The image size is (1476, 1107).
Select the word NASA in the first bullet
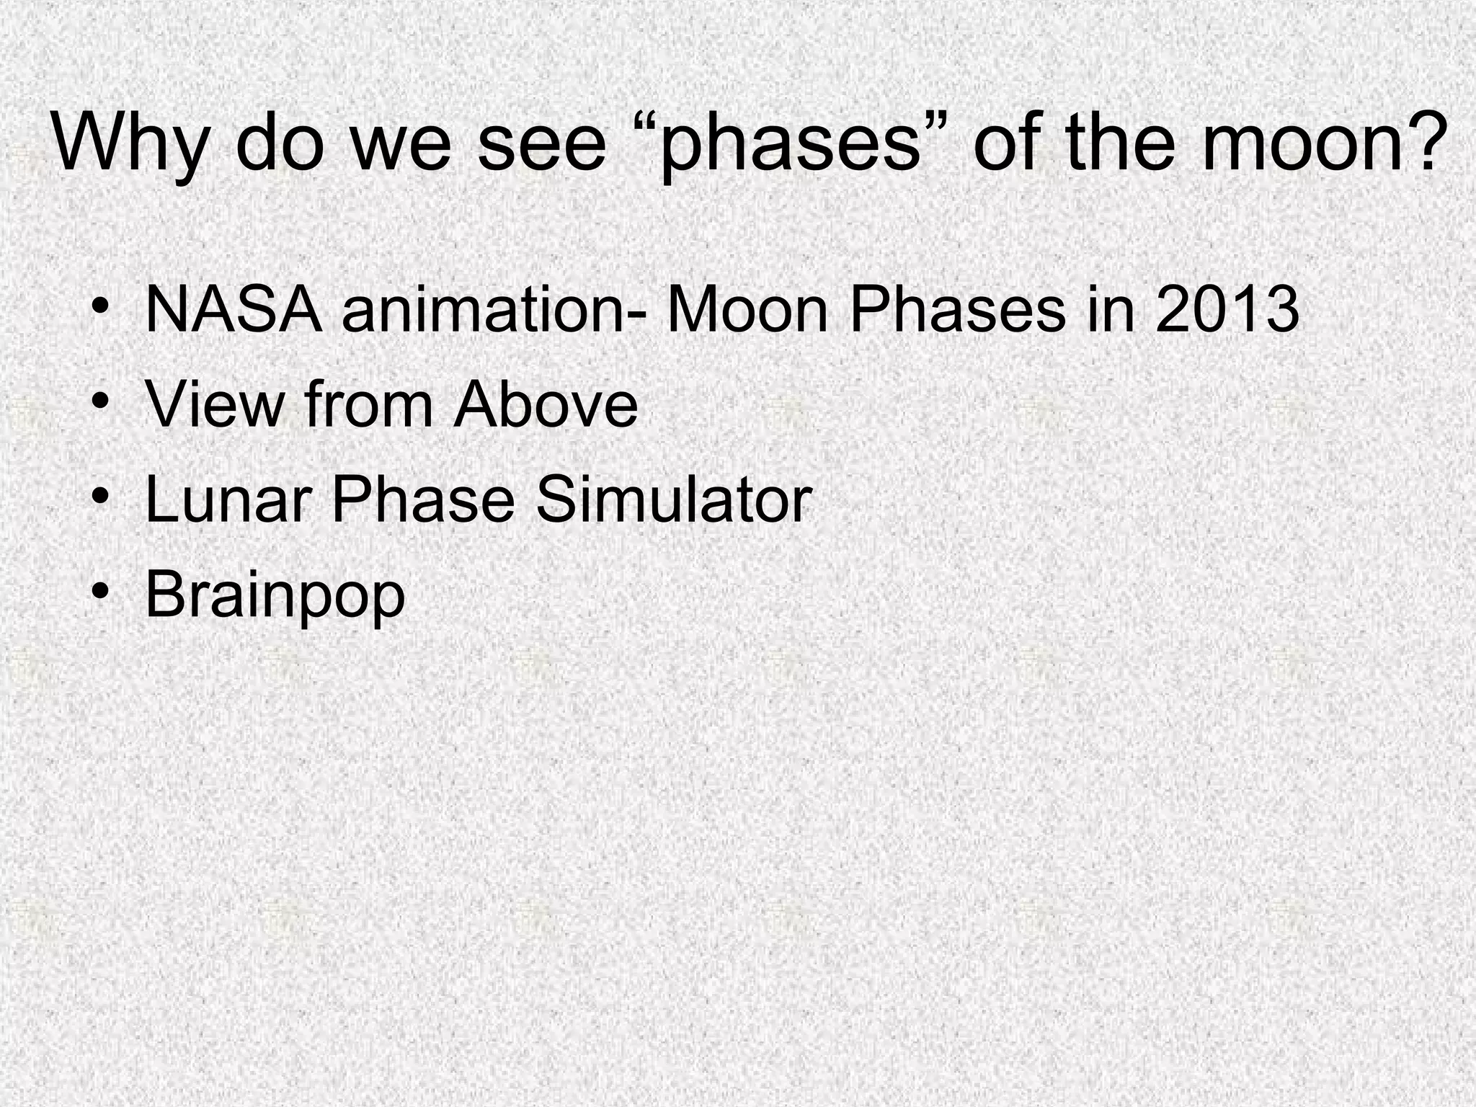234,311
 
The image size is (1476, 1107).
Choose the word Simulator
673,500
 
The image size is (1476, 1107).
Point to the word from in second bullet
368,405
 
